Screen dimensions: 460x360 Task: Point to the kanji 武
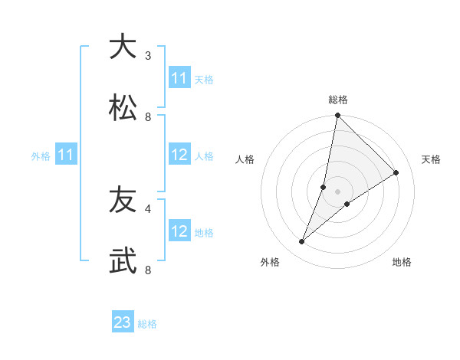click(123, 260)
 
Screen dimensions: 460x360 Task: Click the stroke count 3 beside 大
click(148, 55)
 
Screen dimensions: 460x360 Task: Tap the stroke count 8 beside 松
click(148, 116)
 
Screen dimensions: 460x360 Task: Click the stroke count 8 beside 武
click(148, 270)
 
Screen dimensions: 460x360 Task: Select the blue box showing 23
click(123, 322)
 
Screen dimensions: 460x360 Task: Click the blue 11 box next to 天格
click(179, 78)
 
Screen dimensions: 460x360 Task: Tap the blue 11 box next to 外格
click(66, 155)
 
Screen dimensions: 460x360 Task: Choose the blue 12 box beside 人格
click(179, 155)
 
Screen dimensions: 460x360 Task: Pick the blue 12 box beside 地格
click(179, 231)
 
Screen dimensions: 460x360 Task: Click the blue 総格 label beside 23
click(147, 324)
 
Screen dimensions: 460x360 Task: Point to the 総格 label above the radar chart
click(338, 100)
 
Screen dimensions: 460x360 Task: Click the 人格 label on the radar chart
click(245, 159)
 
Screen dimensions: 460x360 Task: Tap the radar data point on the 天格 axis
click(396, 173)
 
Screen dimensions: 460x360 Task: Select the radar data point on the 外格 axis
click(302, 242)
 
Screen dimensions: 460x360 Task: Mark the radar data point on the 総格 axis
click(338, 116)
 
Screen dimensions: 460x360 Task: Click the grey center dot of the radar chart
click(338, 191)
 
